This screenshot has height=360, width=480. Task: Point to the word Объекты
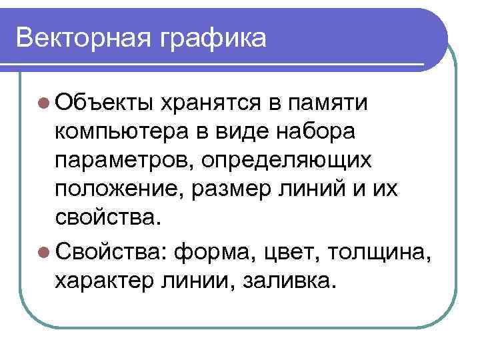pos(104,103)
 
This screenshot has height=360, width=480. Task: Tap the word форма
pos(216,254)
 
